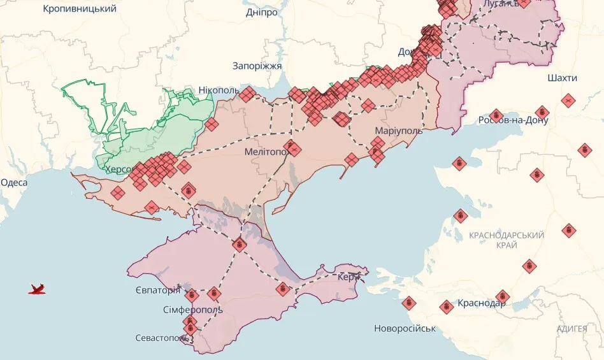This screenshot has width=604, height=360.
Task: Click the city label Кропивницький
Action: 79,9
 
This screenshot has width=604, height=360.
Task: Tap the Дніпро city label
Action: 261,12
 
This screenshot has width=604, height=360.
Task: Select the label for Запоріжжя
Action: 257,65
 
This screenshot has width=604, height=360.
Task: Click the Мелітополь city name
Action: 266,152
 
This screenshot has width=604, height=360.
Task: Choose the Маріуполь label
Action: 398,131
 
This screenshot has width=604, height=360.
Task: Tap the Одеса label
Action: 14,183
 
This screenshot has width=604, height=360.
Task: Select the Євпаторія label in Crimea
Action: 157,291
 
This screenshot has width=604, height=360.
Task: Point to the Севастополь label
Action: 162,338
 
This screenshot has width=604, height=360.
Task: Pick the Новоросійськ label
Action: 405,328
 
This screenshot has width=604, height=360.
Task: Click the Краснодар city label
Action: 481,303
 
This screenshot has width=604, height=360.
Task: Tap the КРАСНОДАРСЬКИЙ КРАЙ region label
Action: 507,240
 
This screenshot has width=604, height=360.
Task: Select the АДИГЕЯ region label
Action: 572,329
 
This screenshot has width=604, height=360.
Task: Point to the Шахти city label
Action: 562,78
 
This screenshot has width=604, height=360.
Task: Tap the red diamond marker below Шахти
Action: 568,100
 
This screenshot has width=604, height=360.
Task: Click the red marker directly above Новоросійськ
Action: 408,303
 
